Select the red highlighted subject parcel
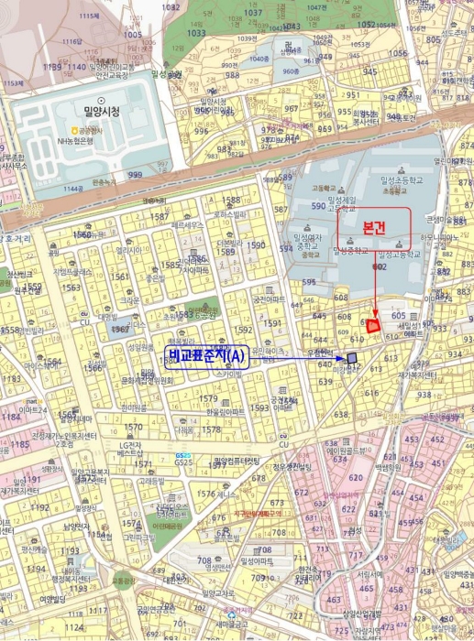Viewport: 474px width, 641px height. (372, 324)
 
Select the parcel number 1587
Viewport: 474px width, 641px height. (159, 217)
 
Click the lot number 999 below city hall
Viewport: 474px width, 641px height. (135, 175)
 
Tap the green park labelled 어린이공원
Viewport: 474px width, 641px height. (171, 526)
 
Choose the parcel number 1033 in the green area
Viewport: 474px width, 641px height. (196, 33)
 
